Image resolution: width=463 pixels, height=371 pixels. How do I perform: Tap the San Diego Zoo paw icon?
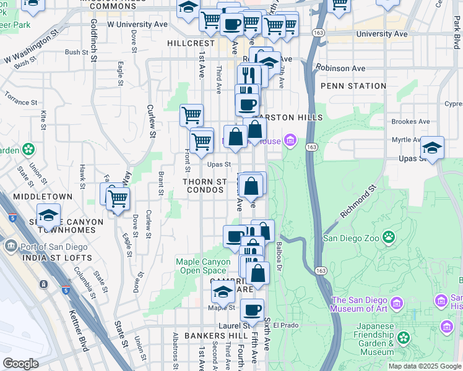point(389,237)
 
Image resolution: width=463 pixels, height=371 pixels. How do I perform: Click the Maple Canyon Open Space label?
point(203,266)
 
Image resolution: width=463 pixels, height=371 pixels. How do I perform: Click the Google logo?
point(20,363)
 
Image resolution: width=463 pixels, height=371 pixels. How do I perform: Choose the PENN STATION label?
point(353,86)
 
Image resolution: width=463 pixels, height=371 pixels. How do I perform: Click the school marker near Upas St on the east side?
point(433,148)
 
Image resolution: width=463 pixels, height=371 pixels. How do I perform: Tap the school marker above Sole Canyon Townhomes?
point(48,215)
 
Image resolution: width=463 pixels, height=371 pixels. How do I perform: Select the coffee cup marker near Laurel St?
point(251,310)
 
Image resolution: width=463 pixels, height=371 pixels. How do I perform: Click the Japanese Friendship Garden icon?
point(404,337)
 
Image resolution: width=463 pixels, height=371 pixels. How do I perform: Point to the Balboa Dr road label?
point(279,256)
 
